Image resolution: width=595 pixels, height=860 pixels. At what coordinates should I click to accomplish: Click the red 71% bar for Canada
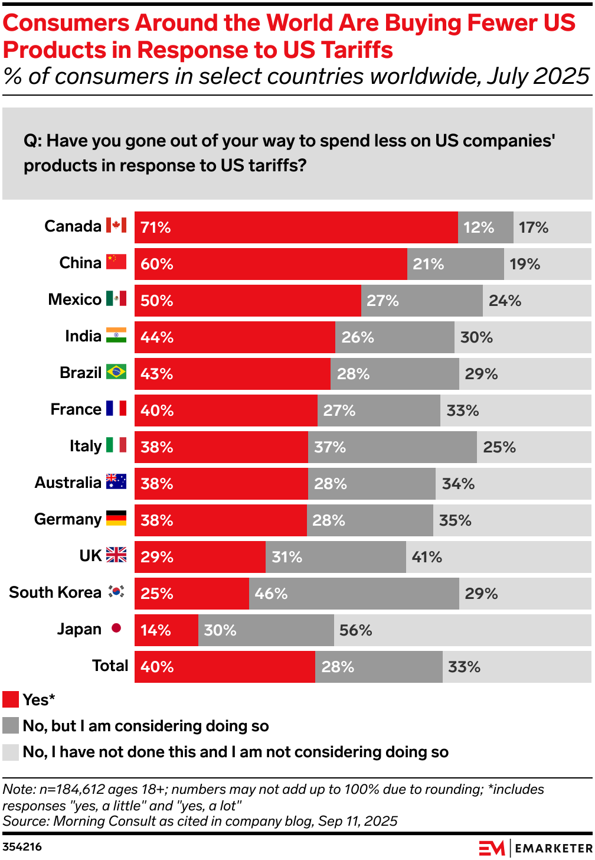tap(296, 227)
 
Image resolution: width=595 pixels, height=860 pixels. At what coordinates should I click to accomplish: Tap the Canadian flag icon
tap(116, 226)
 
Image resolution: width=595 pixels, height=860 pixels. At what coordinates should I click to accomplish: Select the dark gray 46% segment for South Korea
tap(354, 594)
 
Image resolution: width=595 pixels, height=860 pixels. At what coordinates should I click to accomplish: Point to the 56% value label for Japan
tap(355, 630)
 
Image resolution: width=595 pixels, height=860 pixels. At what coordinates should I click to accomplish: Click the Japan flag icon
tap(116, 628)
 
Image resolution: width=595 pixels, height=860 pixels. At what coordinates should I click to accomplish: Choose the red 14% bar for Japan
tap(166, 630)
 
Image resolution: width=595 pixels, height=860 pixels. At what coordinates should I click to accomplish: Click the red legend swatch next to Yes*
tap(11, 699)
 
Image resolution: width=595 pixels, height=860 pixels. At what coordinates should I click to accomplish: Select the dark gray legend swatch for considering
tap(11, 725)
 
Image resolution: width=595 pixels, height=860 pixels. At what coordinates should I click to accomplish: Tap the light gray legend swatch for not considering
tap(11, 752)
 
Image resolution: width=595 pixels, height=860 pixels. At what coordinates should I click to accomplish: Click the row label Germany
tap(68, 519)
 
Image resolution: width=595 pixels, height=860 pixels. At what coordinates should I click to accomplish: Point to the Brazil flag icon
tap(116, 372)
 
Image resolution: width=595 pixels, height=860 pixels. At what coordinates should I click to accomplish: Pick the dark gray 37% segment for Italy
tap(392, 447)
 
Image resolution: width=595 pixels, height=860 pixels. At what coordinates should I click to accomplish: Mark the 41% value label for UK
tap(427, 557)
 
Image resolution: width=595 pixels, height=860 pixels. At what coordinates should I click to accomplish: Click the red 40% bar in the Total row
tap(224, 667)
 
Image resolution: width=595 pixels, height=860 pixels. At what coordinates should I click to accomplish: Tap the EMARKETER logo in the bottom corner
tap(535, 848)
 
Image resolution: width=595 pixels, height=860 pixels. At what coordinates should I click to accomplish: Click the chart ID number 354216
tap(22, 847)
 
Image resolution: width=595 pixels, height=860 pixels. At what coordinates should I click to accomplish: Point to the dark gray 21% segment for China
tap(455, 264)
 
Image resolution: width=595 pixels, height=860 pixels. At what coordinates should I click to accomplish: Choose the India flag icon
tap(116, 335)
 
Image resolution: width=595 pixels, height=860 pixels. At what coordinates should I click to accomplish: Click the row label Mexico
tap(74, 299)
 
